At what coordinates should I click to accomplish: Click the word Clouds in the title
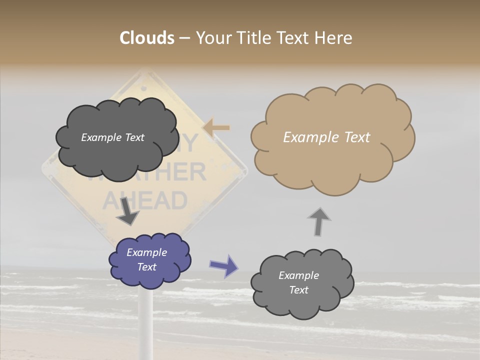pyautogui.click(x=147, y=38)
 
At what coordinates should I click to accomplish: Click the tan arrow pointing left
pyautogui.click(x=216, y=128)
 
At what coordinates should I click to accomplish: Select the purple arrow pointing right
pyautogui.click(x=224, y=265)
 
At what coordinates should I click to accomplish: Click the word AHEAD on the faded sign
pyautogui.click(x=145, y=201)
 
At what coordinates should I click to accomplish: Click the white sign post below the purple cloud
pyautogui.click(x=146, y=320)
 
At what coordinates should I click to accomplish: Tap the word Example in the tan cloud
pyautogui.click(x=307, y=137)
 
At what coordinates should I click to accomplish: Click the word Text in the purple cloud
pyautogui.click(x=147, y=267)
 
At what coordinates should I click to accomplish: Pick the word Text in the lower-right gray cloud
pyautogui.click(x=299, y=290)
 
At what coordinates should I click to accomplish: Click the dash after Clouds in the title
pyautogui.click(x=184, y=38)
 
